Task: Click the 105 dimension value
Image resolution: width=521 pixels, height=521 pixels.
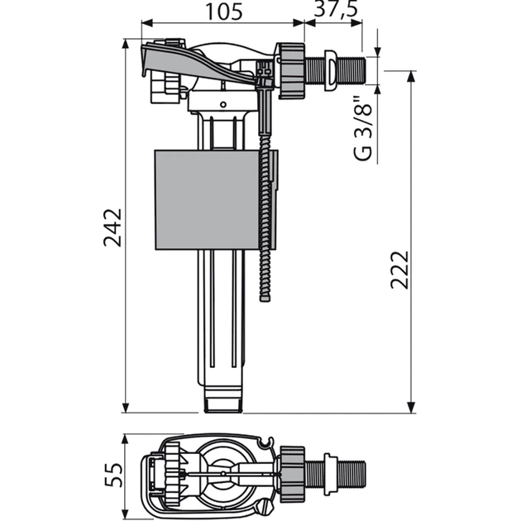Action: point(224,12)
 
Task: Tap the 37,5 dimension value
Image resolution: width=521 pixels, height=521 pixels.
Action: point(336,9)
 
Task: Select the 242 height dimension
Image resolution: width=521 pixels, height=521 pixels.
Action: point(112,227)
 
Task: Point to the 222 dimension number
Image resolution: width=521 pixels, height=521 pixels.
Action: point(399,270)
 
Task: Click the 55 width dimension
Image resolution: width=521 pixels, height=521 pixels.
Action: point(113,475)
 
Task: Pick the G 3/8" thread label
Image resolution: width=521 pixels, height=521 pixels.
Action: point(362,129)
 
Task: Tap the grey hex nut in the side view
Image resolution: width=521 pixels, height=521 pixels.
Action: point(291,71)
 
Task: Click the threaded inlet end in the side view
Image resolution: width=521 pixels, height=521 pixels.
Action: point(352,71)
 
